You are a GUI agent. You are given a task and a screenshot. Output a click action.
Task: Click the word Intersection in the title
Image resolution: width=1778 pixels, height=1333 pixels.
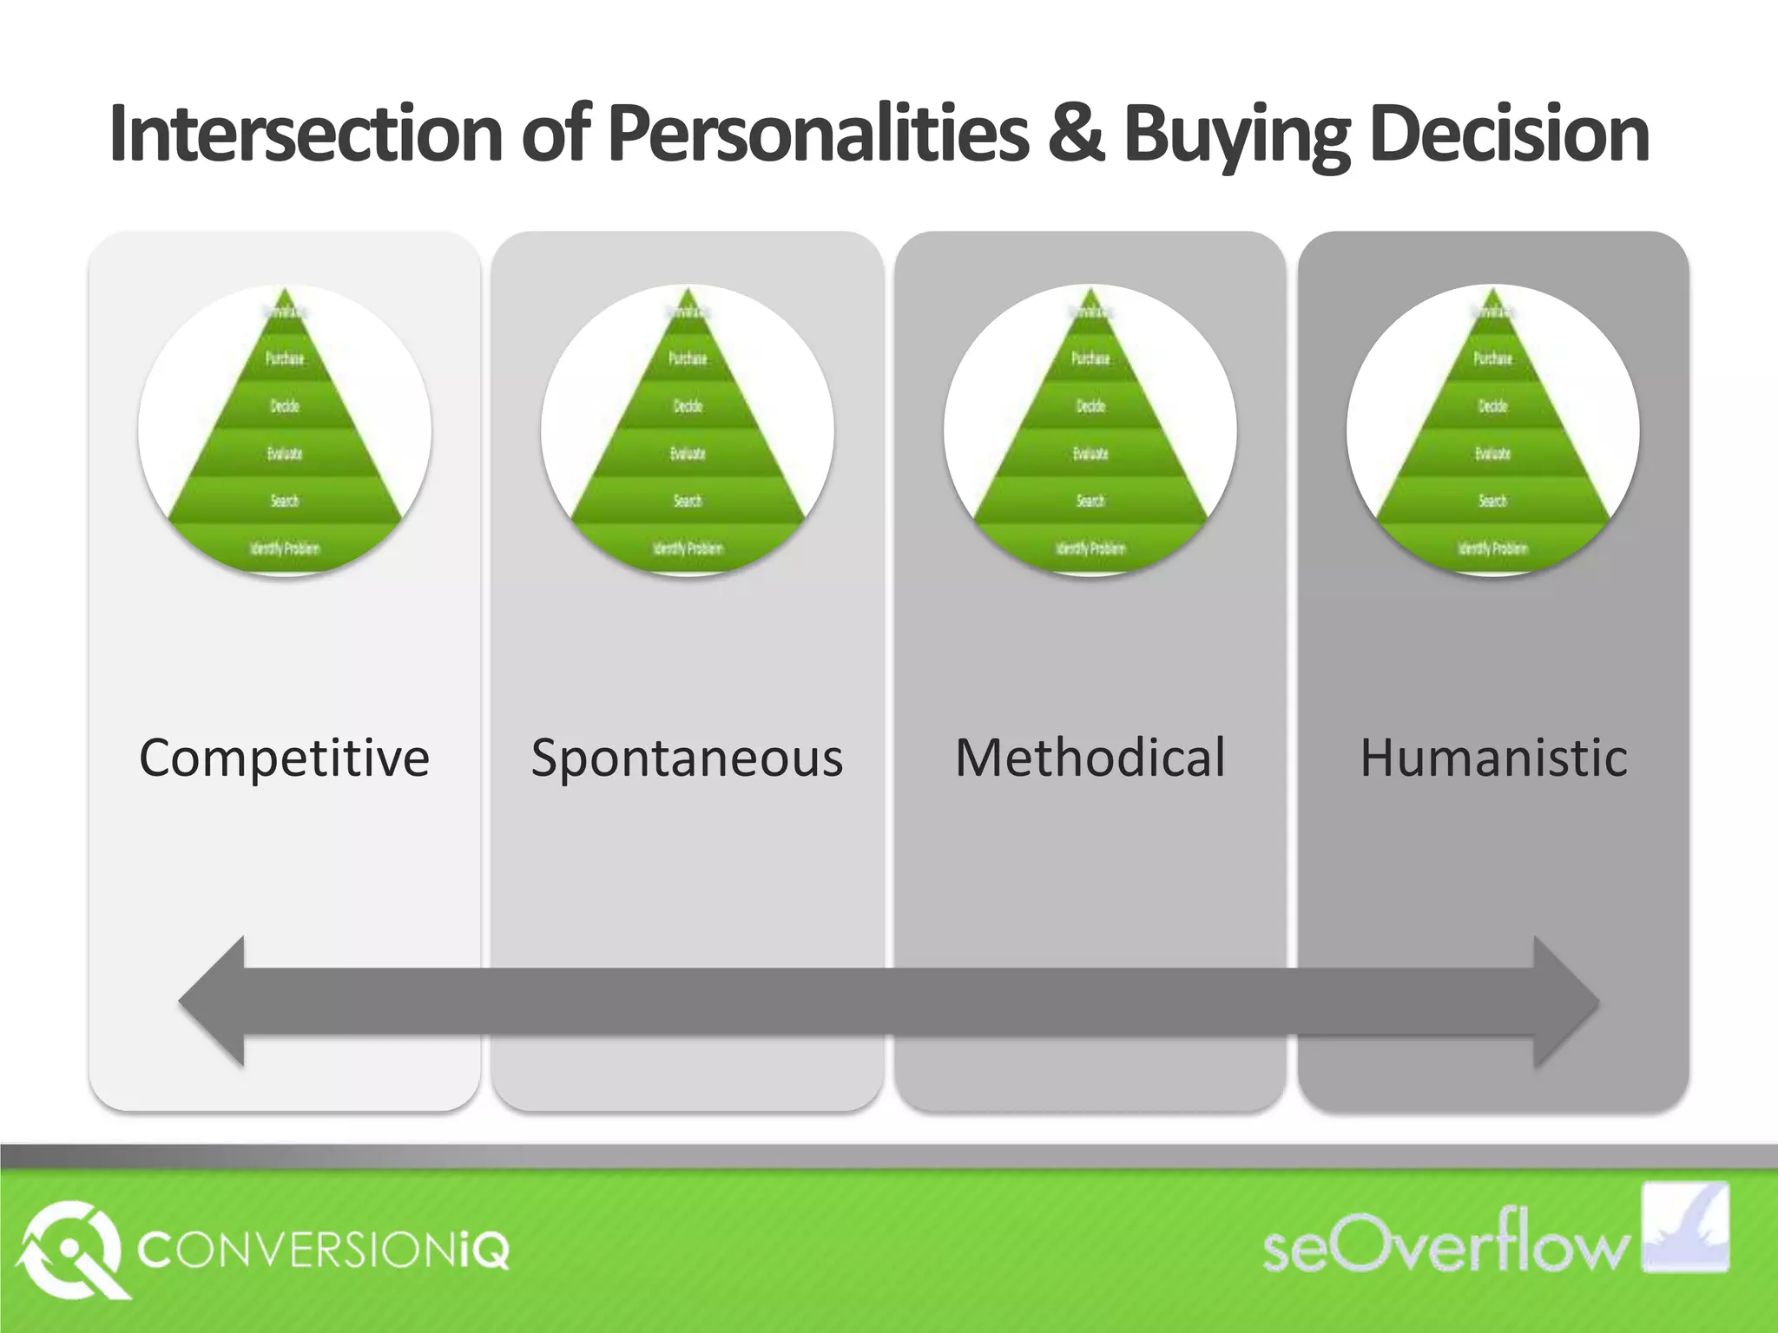click(306, 135)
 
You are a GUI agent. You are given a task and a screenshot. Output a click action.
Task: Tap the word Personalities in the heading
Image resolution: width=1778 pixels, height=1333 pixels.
click(818, 135)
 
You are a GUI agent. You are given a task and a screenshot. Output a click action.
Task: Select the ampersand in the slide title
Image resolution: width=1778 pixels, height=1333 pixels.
click(1076, 135)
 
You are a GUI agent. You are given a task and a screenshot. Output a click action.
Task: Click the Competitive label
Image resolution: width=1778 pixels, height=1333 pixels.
click(284, 758)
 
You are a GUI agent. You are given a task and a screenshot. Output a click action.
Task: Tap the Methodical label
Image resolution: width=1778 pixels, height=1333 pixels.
click(1090, 758)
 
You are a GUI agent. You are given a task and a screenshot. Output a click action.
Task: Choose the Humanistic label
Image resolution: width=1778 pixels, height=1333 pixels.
click(1493, 758)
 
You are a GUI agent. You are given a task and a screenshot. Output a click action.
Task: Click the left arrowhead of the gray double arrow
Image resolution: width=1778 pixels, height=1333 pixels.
click(213, 1001)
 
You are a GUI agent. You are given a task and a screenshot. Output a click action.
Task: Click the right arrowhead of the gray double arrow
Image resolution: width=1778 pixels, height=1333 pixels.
click(1565, 1001)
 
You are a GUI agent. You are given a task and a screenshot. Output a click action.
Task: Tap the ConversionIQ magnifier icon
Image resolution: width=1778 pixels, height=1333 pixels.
click(69, 1250)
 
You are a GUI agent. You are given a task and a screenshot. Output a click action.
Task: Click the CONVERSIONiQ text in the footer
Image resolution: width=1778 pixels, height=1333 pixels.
click(323, 1250)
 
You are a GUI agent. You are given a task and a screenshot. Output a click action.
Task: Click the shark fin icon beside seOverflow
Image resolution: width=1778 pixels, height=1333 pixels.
click(1685, 1227)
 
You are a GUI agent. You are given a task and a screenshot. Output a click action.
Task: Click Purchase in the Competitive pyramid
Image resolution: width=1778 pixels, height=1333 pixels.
click(285, 358)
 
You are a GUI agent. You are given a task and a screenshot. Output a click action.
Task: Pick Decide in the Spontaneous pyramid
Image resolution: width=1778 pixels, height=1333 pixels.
click(688, 406)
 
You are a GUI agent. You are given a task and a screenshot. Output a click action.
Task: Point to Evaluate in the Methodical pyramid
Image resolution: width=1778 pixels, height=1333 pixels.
click(1090, 454)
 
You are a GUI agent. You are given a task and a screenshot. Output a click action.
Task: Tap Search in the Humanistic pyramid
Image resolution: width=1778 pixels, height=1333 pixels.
click(1493, 501)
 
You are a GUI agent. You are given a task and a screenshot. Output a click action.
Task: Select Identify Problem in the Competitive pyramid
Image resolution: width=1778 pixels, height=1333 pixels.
click(285, 548)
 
